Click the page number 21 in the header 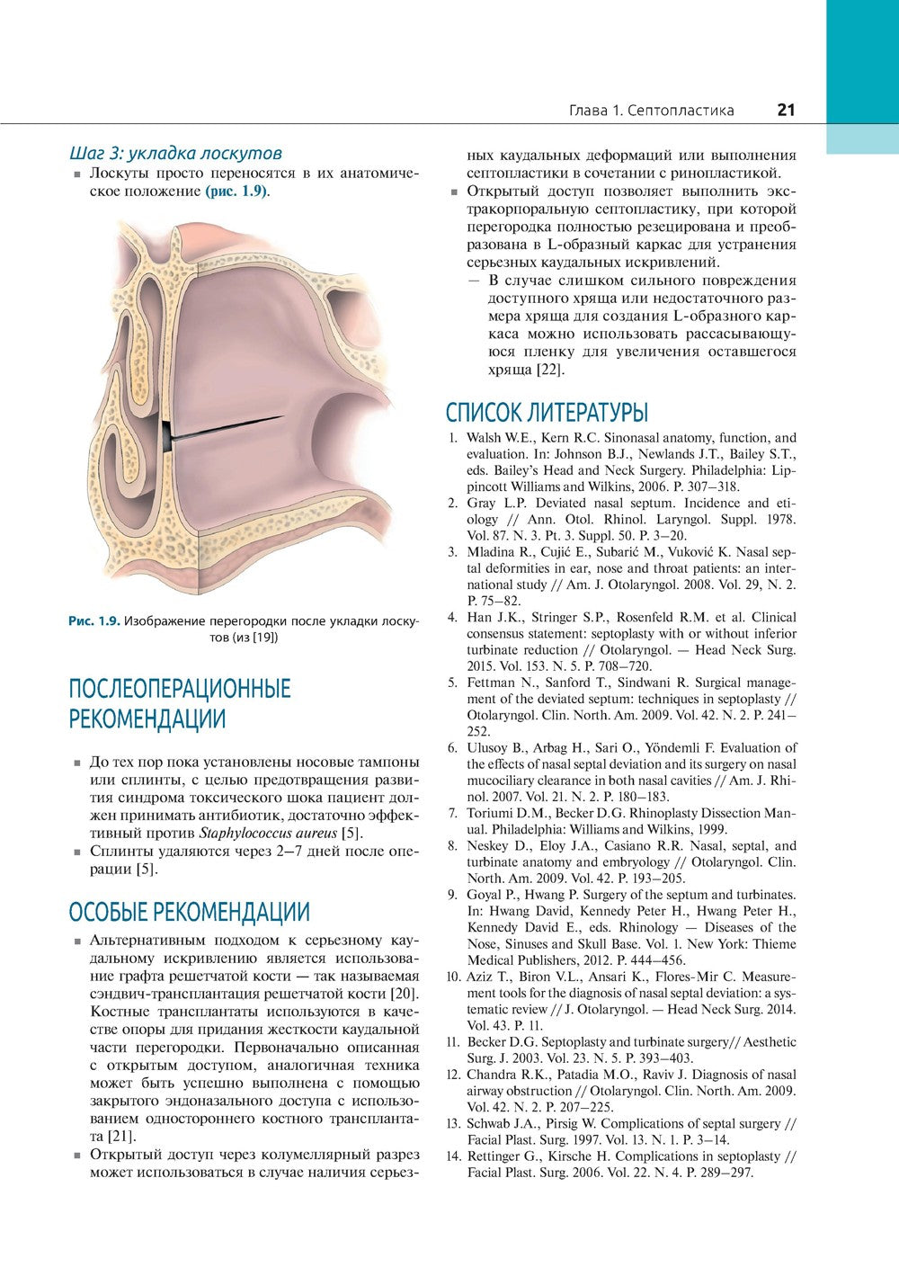tap(786, 110)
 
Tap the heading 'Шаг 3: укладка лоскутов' tap(175, 153)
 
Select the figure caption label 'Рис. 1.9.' tap(93, 620)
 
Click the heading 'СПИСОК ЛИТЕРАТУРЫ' tap(547, 413)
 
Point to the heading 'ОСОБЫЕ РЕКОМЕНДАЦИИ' tap(189, 912)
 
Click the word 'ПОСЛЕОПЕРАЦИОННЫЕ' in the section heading tap(180, 689)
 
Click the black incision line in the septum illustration tap(225, 427)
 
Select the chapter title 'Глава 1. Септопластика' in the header tap(651, 111)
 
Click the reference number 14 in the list tap(454, 1156)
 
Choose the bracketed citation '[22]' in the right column tap(551, 370)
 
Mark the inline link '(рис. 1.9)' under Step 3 tap(237, 192)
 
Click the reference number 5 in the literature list tap(454, 683)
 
